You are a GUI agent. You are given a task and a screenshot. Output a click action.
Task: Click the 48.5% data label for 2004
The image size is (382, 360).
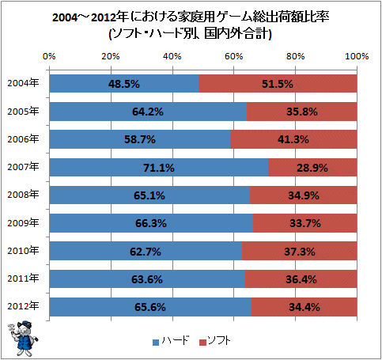[123, 84]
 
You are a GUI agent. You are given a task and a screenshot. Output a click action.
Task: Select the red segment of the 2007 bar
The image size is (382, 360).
[312, 168]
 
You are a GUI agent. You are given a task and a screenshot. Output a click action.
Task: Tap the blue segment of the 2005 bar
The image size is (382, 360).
[148, 112]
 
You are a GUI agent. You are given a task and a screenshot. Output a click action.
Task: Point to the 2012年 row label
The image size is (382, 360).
[23, 306]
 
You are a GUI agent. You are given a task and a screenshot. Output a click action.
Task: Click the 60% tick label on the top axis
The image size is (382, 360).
[233, 56]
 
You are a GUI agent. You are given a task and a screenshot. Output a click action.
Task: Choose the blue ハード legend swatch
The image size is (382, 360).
[156, 342]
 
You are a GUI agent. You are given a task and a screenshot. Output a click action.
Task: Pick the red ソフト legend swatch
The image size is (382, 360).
[202, 342]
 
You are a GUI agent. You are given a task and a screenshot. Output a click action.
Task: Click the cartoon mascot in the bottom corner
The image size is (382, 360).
[23, 339]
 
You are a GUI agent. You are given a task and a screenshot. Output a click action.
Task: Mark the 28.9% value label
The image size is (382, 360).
[312, 168]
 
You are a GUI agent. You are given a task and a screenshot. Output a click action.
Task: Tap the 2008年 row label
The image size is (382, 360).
[23, 195]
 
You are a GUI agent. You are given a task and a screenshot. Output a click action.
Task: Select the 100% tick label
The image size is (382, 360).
[357, 56]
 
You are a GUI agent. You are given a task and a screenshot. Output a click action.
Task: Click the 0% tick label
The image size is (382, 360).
[49, 56]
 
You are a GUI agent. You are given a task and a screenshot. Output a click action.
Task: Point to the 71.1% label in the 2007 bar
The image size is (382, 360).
[159, 168]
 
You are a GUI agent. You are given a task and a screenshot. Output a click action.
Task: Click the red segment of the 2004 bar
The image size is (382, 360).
[278, 84]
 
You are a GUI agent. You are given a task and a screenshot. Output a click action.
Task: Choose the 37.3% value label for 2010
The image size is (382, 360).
[300, 252]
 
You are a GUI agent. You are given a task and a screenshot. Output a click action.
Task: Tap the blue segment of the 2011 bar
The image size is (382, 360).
[147, 279]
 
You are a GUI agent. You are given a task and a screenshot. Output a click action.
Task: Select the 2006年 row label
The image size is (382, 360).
[23, 138]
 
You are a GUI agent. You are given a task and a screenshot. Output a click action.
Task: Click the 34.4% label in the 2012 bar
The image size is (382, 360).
[304, 307]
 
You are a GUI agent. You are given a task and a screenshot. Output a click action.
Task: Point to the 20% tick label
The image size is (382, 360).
[111, 56]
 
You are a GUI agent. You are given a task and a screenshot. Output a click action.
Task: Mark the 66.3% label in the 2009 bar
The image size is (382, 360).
[151, 223]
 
